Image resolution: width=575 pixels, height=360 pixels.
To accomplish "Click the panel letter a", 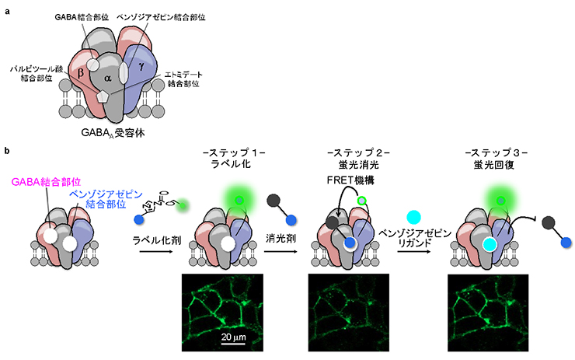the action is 7,11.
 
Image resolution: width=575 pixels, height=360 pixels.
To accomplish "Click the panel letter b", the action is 7,151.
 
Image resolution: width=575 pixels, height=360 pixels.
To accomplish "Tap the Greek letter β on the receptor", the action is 81,72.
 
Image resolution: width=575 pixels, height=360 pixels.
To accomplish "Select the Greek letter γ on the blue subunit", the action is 141,66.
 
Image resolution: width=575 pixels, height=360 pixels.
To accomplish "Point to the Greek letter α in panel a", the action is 107,78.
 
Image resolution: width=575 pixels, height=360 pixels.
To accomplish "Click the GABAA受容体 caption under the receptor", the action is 113,133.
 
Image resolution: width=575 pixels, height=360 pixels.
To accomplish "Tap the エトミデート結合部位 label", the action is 183,79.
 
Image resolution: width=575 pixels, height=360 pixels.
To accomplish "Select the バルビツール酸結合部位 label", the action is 37,73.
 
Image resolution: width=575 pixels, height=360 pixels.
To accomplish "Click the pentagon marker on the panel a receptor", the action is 103,96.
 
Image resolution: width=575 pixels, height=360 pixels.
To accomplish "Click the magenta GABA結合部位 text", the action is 46,182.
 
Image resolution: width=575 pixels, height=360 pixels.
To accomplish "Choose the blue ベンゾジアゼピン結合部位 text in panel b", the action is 106,199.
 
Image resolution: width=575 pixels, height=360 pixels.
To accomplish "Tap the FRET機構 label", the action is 350,180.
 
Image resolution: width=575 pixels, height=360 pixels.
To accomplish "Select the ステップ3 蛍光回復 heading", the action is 496,158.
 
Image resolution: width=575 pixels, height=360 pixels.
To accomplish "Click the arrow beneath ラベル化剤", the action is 156,251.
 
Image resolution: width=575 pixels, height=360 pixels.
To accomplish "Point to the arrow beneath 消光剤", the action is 281,251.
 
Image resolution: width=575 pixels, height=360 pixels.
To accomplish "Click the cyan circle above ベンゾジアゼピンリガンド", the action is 414,217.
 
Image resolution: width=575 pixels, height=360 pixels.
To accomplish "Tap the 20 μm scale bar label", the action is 234,337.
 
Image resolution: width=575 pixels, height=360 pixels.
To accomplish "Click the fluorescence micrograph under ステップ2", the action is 349,313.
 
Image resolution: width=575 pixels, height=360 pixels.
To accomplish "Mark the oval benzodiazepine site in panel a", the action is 124,72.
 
